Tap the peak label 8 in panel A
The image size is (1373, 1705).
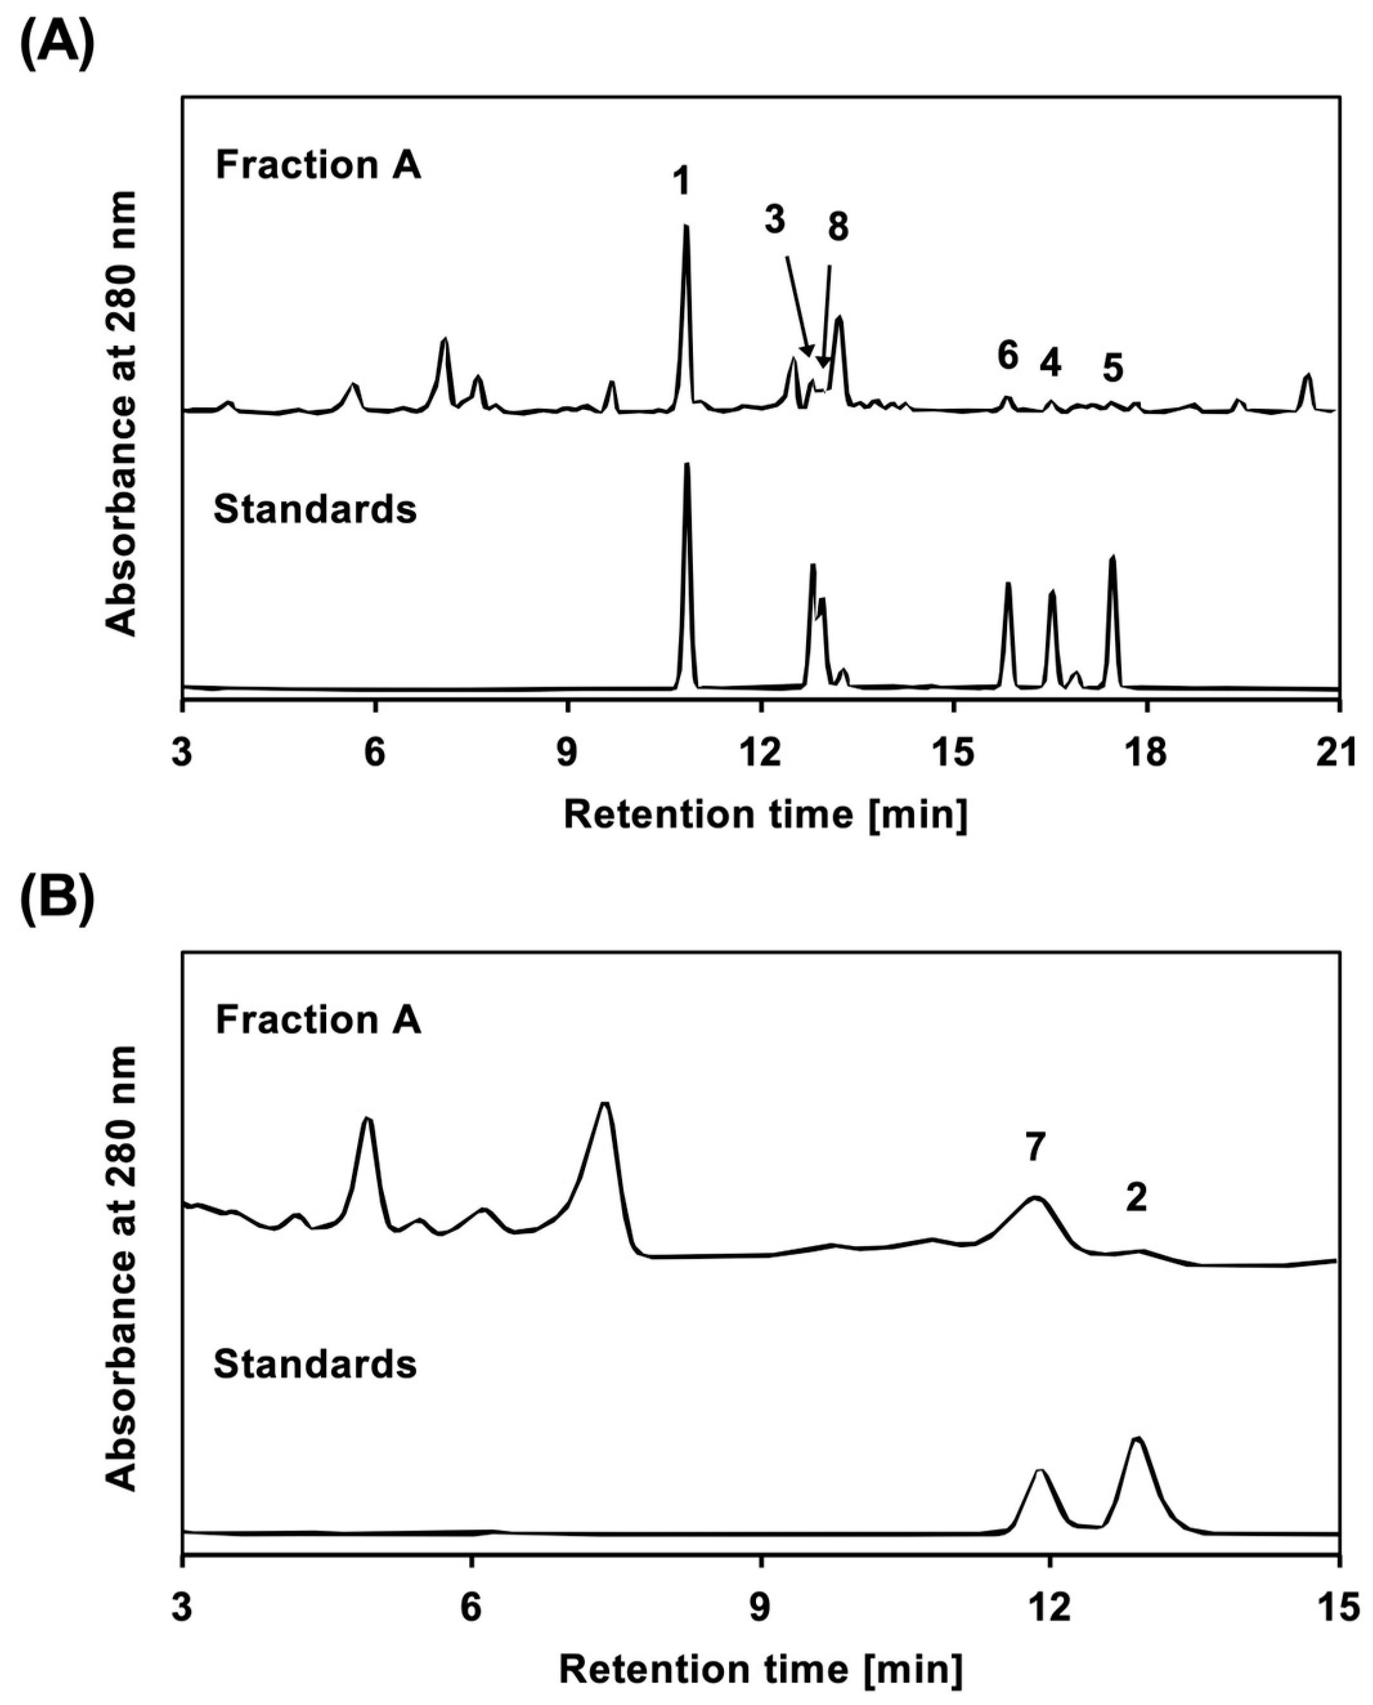coord(838,228)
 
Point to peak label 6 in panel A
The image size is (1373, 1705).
coord(1007,356)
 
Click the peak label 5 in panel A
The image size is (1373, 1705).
coord(1113,369)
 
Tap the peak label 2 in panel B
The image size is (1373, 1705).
coord(1136,1198)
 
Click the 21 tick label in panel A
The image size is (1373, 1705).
coord(1338,754)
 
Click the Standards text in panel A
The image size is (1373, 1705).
coord(315,510)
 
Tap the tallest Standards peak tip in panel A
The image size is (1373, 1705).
coord(687,465)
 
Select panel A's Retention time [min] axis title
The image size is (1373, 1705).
coord(765,815)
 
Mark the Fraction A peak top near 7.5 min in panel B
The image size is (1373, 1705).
coord(605,1103)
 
